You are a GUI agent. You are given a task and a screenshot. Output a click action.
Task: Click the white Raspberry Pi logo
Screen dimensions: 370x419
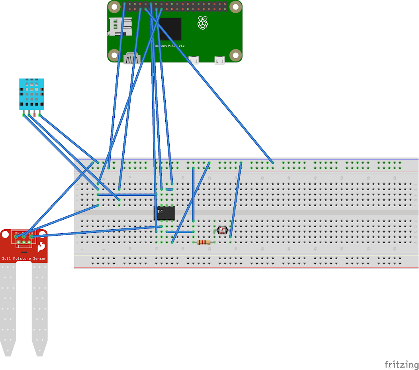203,23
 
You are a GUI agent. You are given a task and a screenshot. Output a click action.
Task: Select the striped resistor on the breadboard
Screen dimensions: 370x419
204,242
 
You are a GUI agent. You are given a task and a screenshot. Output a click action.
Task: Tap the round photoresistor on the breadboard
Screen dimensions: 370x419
222,230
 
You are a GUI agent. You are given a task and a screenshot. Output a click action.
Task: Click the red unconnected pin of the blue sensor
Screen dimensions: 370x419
34,115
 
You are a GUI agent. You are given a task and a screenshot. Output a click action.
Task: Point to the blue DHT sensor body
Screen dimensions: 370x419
31,92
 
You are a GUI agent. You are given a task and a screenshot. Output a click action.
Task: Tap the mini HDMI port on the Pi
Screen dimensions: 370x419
132,59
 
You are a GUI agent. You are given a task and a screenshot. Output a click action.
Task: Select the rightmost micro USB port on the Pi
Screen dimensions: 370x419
219,60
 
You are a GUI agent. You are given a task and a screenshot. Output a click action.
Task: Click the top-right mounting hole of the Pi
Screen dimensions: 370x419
236,7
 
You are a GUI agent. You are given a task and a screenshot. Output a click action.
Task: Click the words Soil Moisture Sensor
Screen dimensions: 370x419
24,258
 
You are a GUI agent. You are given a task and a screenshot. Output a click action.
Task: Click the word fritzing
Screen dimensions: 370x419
401,364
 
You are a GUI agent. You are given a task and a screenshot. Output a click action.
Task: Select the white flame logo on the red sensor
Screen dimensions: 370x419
40,248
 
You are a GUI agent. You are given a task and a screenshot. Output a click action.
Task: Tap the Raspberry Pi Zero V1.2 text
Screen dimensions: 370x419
169,46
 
